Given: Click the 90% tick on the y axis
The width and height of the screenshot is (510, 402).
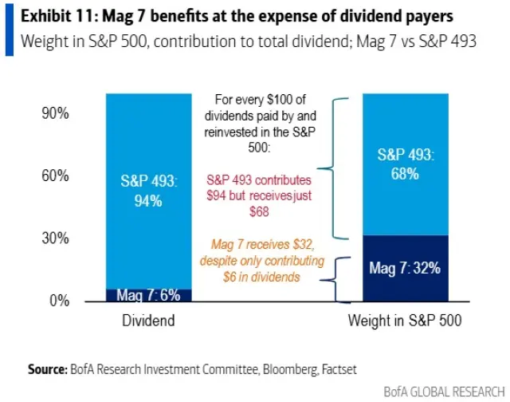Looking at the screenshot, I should (x=55, y=113).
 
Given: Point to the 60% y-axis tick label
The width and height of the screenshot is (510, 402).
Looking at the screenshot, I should (x=55, y=175).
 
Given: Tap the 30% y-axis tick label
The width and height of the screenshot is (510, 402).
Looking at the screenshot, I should (x=55, y=238).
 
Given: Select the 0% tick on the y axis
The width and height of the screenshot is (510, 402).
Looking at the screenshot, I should (x=59, y=301).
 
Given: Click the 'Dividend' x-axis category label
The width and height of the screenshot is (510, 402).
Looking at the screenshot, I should (x=148, y=321).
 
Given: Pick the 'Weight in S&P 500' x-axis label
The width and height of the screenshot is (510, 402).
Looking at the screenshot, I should (x=405, y=321).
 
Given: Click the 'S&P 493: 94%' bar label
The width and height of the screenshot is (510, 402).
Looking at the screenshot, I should (x=148, y=191).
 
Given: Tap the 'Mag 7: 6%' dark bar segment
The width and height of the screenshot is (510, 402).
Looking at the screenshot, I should (x=148, y=294).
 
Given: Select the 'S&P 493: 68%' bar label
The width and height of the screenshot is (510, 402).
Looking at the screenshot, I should (x=405, y=164).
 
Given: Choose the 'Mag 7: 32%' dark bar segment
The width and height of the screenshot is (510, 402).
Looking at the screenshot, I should (x=405, y=269).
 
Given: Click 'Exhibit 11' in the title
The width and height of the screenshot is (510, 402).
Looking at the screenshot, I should (x=53, y=16).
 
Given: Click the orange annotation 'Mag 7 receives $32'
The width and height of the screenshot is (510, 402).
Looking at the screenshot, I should (x=256, y=252).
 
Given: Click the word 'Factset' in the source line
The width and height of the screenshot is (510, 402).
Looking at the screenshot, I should (x=339, y=370).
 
